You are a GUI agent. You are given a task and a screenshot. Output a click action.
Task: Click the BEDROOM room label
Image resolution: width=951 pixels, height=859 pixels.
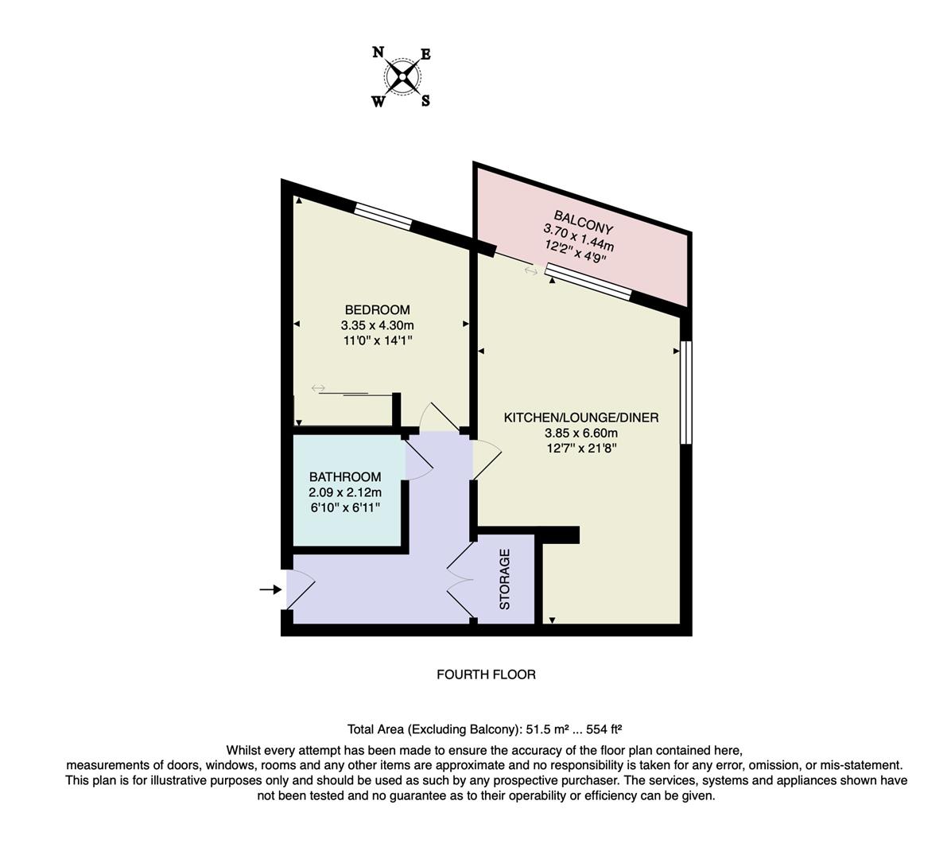(377, 309)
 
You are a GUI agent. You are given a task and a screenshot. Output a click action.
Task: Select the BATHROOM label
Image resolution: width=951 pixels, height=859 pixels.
(345, 477)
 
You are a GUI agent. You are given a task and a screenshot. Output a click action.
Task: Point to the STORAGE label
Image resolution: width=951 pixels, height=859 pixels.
(504, 579)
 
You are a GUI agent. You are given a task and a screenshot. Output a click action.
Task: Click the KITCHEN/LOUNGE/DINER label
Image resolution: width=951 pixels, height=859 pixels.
(581, 418)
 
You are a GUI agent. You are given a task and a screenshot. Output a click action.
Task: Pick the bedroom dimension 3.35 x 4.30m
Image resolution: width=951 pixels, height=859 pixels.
(377, 325)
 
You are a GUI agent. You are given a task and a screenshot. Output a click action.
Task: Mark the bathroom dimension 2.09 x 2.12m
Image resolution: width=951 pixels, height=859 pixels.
(345, 492)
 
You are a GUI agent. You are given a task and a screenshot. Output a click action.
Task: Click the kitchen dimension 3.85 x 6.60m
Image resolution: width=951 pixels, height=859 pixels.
(581, 433)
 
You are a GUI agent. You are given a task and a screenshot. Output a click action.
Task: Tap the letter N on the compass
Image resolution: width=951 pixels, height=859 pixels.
(378, 52)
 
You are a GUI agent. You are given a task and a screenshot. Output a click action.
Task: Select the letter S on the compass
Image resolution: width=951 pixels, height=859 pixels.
(425, 101)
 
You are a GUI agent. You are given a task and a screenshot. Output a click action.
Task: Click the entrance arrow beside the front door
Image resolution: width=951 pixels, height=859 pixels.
(270, 589)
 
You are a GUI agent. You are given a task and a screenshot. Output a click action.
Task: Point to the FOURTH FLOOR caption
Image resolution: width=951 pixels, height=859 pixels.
(486, 674)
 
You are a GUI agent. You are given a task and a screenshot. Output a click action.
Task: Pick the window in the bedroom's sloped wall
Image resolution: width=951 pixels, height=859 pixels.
(382, 216)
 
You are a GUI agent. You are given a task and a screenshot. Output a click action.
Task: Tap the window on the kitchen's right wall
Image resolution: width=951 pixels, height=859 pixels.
(686, 392)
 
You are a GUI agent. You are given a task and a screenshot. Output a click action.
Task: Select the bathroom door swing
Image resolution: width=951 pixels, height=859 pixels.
(418, 459)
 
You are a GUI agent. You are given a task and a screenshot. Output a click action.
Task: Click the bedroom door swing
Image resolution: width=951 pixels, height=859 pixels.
(436, 417)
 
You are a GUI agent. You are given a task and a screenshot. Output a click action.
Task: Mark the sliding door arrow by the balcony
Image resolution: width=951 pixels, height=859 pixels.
(530, 271)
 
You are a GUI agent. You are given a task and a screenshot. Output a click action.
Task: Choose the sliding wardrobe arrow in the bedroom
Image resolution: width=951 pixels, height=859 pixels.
(318, 388)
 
